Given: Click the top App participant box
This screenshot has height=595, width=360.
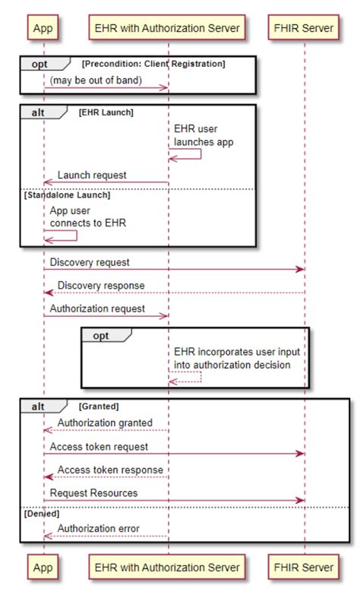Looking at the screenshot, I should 44,28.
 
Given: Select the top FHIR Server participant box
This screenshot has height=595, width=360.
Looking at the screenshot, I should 305,28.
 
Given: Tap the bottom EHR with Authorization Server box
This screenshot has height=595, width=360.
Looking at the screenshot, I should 168,567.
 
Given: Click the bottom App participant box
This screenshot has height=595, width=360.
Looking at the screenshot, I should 44,567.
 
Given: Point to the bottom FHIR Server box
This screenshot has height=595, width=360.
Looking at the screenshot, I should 305,567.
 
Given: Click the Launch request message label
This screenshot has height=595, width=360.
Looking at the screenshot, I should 92,176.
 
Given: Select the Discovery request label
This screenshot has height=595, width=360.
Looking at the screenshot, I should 90,262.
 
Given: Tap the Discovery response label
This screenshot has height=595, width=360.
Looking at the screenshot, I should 101,286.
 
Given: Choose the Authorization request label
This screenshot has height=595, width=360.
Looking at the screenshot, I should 97,309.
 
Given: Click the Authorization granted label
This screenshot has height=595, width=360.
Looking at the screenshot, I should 105,423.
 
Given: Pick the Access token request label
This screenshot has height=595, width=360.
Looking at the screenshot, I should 99,447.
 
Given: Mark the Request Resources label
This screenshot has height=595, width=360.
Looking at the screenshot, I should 94,493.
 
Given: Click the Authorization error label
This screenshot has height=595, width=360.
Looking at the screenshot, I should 99,528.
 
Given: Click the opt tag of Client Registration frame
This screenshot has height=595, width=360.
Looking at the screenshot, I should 39,65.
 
